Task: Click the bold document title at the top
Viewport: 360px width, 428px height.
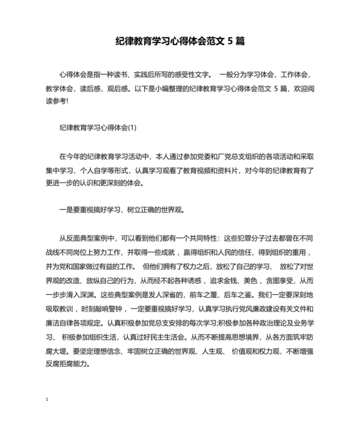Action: [x=179, y=41]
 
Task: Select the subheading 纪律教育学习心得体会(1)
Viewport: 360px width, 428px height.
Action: [x=98, y=128]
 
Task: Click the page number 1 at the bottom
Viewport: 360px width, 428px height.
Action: [x=48, y=400]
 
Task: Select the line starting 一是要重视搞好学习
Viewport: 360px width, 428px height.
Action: [x=122, y=210]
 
